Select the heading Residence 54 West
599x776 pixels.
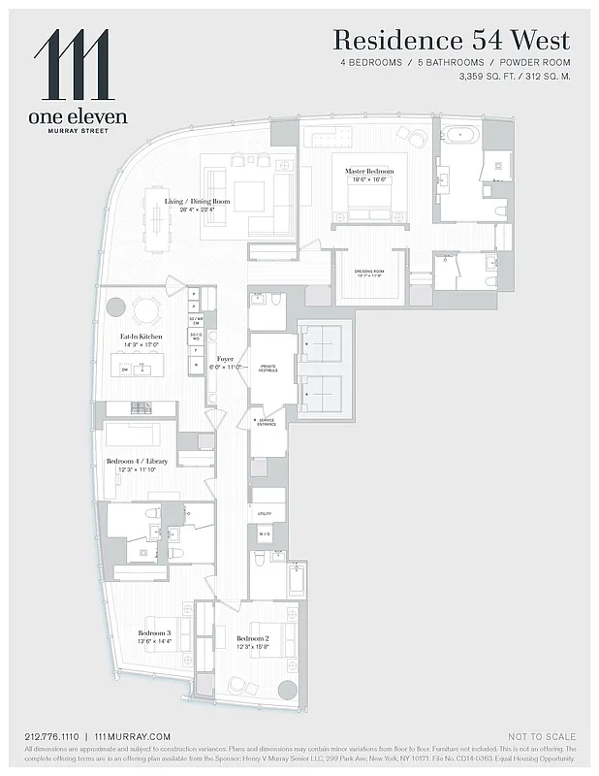point(451,41)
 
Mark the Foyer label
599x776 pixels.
point(225,359)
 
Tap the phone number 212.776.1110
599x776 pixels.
point(52,737)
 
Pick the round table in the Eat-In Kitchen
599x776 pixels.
point(146,309)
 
